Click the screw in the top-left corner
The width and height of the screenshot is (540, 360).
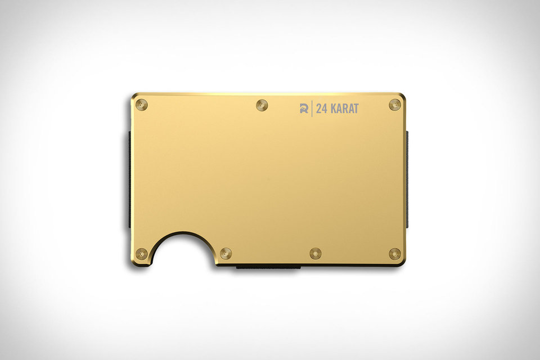coord(141,105)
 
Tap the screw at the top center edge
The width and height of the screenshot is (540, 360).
coord(261,105)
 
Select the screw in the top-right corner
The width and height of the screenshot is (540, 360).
coord(395,105)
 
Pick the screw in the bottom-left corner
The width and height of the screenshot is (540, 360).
coord(141,254)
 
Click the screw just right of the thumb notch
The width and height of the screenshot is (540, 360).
coord(226,254)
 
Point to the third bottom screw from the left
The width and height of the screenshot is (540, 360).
coord(315,254)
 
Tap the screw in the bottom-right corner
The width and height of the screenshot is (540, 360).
coord(395,254)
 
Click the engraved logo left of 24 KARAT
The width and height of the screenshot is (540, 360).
coord(304,109)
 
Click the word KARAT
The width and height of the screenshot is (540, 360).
coord(344,109)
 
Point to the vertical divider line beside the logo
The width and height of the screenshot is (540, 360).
coord(312,109)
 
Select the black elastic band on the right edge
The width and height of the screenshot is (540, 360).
coord(407,180)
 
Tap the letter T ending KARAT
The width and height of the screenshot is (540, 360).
coord(355,109)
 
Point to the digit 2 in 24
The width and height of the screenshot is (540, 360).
coord(318,109)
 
